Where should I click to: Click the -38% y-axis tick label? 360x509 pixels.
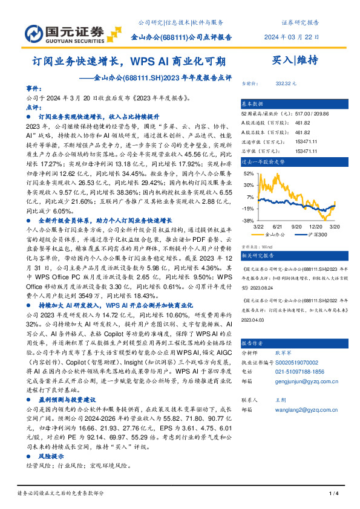tap(248, 221)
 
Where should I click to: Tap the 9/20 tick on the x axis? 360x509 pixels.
tap(297, 226)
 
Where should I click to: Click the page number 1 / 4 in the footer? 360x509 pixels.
tap(332, 494)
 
